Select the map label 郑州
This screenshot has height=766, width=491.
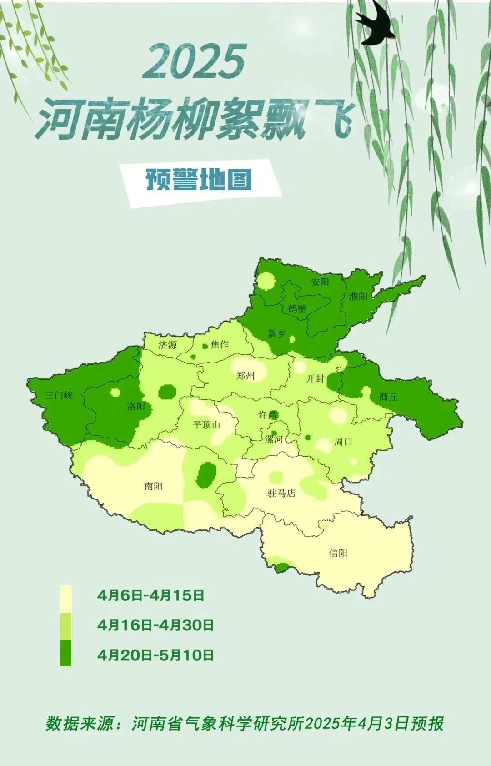click(x=245, y=376)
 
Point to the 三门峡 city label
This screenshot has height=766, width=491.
click(x=59, y=395)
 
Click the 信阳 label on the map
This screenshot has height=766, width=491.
click(x=338, y=553)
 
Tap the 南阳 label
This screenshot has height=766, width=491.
click(x=153, y=486)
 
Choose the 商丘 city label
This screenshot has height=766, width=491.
click(x=388, y=397)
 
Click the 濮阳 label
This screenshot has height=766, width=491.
click(x=358, y=297)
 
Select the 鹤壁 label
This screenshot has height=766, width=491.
click(x=297, y=308)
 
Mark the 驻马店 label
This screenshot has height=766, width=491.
click(x=281, y=493)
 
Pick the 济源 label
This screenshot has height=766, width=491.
click(x=167, y=345)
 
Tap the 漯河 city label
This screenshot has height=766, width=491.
click(x=274, y=439)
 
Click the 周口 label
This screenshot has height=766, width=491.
click(x=343, y=441)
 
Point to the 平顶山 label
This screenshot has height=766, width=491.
click(x=206, y=425)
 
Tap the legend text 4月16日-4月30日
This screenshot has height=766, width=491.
click(x=155, y=625)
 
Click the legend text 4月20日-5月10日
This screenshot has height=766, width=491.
click(x=155, y=655)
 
